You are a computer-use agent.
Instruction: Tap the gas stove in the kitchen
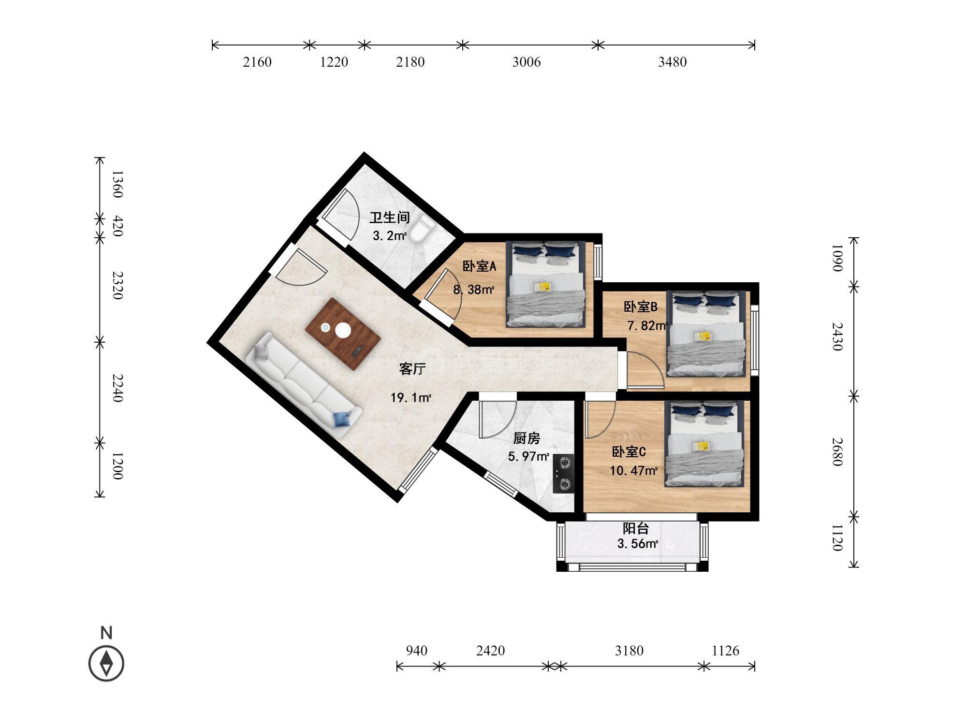[564, 474]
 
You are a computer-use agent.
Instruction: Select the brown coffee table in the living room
[343, 334]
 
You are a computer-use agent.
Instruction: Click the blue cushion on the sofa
[342, 420]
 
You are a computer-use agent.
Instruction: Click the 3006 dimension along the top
[527, 62]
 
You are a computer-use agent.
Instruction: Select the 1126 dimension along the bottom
[725, 651]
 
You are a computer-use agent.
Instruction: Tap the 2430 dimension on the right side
[837, 337]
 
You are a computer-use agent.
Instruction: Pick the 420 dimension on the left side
[117, 227]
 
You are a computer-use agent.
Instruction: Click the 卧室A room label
[480, 266]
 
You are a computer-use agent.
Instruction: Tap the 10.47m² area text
[633, 470]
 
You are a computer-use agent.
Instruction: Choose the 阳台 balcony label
[636, 528]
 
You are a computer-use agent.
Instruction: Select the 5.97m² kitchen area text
[528, 456]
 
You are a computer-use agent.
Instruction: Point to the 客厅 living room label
[412, 369]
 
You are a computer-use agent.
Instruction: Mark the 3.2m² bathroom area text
[389, 236]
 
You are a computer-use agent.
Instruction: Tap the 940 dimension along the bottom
[416, 651]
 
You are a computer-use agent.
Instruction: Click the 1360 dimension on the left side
[117, 184]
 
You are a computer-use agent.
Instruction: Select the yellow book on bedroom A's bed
[542, 287]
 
